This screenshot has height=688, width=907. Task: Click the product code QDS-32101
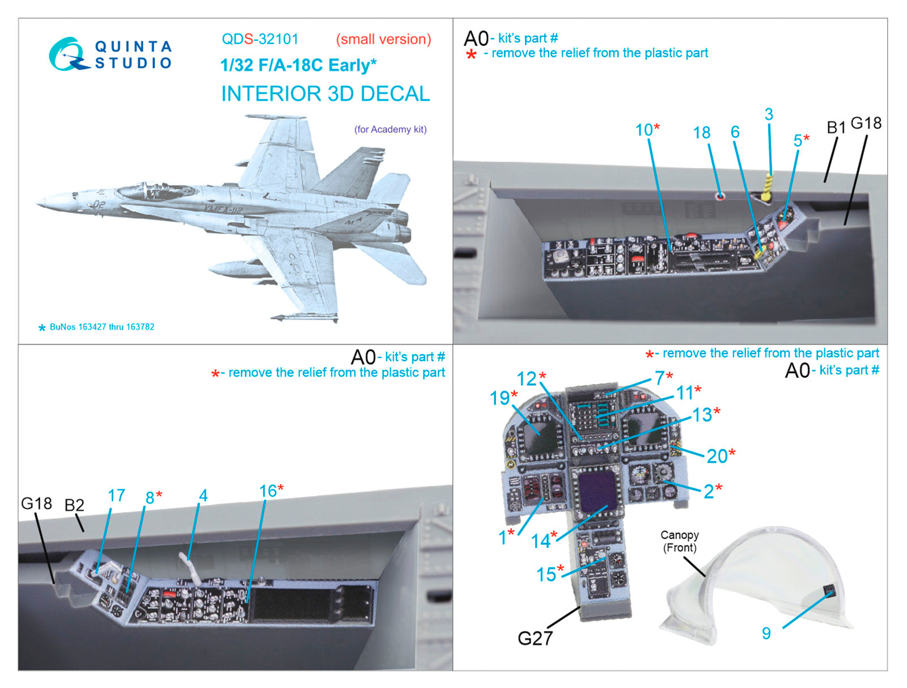260,39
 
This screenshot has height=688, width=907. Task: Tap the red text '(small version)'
383,39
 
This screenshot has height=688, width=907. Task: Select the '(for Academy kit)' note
390,129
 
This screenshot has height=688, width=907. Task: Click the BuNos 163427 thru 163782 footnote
101,327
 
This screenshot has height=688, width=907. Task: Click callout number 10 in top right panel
643,130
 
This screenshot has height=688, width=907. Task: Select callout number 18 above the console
701,133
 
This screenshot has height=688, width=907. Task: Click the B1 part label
836,128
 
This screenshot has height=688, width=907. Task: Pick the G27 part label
535,638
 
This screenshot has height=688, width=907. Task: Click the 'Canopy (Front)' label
680,541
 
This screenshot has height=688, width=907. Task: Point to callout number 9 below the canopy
766,633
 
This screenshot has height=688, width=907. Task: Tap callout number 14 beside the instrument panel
541,541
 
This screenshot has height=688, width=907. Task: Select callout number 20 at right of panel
717,456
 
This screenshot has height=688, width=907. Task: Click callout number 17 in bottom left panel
116,496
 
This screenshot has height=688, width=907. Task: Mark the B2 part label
74,505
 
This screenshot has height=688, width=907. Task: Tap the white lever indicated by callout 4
190,568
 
